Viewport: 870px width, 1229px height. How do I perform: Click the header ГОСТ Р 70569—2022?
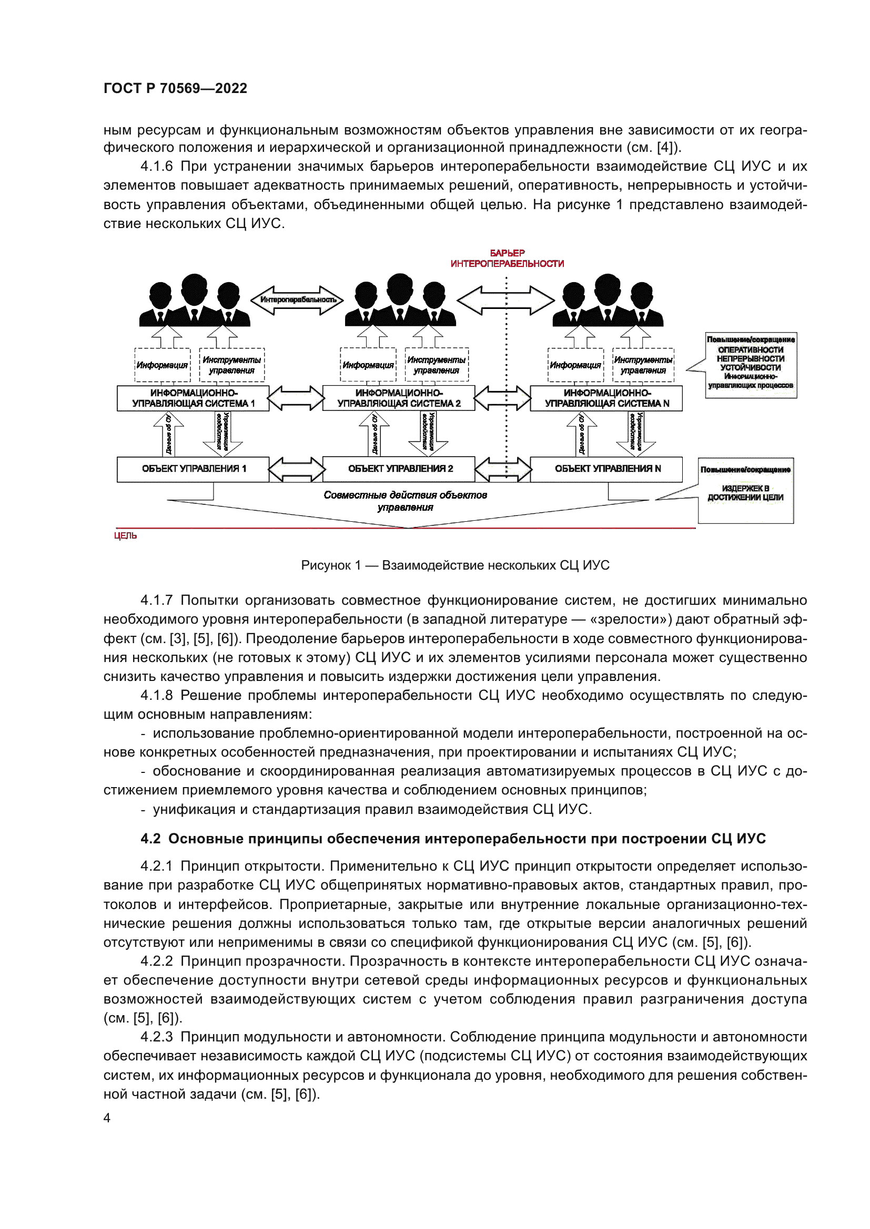pyautogui.click(x=175, y=88)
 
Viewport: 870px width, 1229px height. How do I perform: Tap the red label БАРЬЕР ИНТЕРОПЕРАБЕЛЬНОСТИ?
pyautogui.click(x=507, y=259)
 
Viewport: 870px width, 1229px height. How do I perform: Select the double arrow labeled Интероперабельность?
pyautogui.click(x=298, y=299)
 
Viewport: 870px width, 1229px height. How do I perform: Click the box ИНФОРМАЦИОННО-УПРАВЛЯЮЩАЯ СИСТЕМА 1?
pyautogui.click(x=193, y=398)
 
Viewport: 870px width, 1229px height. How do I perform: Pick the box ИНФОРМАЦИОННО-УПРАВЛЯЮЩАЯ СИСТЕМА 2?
pyautogui.click(x=399, y=398)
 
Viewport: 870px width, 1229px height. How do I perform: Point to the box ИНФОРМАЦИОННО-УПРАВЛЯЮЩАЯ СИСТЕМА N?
pyautogui.click(x=606, y=398)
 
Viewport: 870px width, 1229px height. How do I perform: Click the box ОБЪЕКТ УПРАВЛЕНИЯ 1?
pyautogui.click(x=193, y=469)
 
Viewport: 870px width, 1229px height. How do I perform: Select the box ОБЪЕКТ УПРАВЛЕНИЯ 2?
pyautogui.click(x=399, y=469)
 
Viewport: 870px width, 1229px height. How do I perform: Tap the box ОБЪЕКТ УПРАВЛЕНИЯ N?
pyautogui.click(x=606, y=469)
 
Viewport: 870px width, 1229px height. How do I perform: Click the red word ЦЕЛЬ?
pyautogui.click(x=125, y=536)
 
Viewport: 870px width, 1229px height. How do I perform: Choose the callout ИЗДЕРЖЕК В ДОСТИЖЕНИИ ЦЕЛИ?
pyautogui.click(x=745, y=491)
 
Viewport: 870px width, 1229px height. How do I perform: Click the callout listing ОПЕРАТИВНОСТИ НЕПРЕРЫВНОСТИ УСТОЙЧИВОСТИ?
pyautogui.click(x=751, y=365)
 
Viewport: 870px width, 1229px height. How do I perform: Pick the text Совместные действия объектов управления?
pyautogui.click(x=405, y=501)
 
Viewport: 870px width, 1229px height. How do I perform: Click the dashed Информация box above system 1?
pyautogui.click(x=162, y=365)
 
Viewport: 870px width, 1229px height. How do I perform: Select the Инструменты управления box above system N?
pyautogui.click(x=643, y=365)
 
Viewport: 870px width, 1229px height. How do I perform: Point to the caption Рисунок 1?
pyautogui.click(x=455, y=565)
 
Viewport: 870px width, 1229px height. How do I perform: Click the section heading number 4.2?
pyautogui.click(x=150, y=839)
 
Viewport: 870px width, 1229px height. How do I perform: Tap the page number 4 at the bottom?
pyautogui.click(x=107, y=1118)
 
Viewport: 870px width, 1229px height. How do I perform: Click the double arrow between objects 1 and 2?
pyautogui.click(x=296, y=469)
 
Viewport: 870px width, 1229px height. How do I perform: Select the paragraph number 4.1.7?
pyautogui.click(x=156, y=601)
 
